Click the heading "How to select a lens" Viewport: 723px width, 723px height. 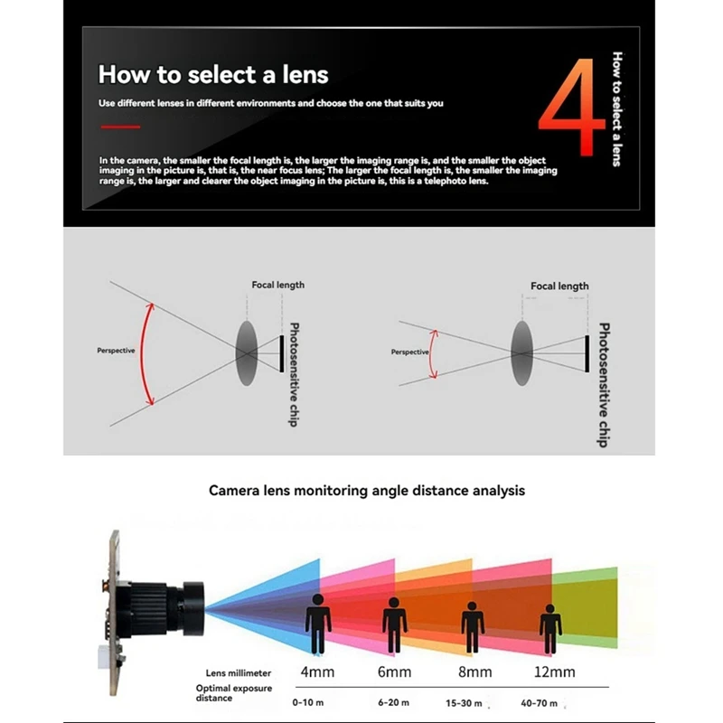coord(213,73)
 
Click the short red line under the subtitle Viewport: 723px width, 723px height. coord(119,127)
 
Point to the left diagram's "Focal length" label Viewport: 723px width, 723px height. coord(277,285)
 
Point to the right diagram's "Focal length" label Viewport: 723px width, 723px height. coord(559,286)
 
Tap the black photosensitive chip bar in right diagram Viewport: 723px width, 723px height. coord(587,352)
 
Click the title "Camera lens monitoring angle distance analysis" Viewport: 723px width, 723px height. coord(366,491)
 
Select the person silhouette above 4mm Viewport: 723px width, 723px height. coord(317,623)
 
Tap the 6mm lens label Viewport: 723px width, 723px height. coord(393,671)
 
